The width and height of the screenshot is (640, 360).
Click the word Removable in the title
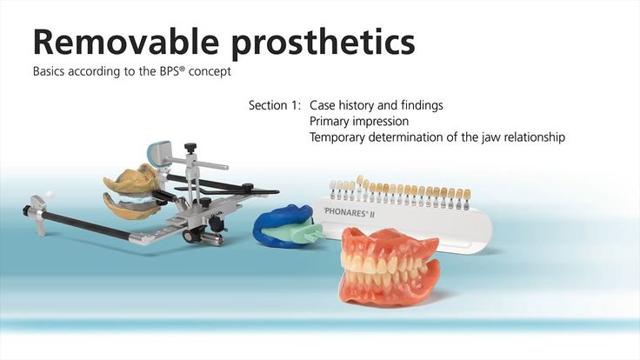[x=126, y=42]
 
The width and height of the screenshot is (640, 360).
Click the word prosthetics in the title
[x=323, y=44]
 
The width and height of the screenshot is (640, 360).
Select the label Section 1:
[x=275, y=105]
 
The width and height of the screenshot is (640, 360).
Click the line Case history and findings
[x=377, y=105]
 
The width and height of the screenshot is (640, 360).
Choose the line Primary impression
[x=359, y=121]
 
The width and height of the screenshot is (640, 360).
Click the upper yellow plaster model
[x=132, y=179]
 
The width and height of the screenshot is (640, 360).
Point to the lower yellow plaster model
[x=131, y=206]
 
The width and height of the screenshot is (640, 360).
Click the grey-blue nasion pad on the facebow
[x=158, y=152]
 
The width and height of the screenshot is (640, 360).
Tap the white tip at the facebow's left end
[x=49, y=195]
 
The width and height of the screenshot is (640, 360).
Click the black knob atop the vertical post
[x=190, y=147]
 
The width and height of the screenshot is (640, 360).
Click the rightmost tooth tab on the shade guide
[x=466, y=198]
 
